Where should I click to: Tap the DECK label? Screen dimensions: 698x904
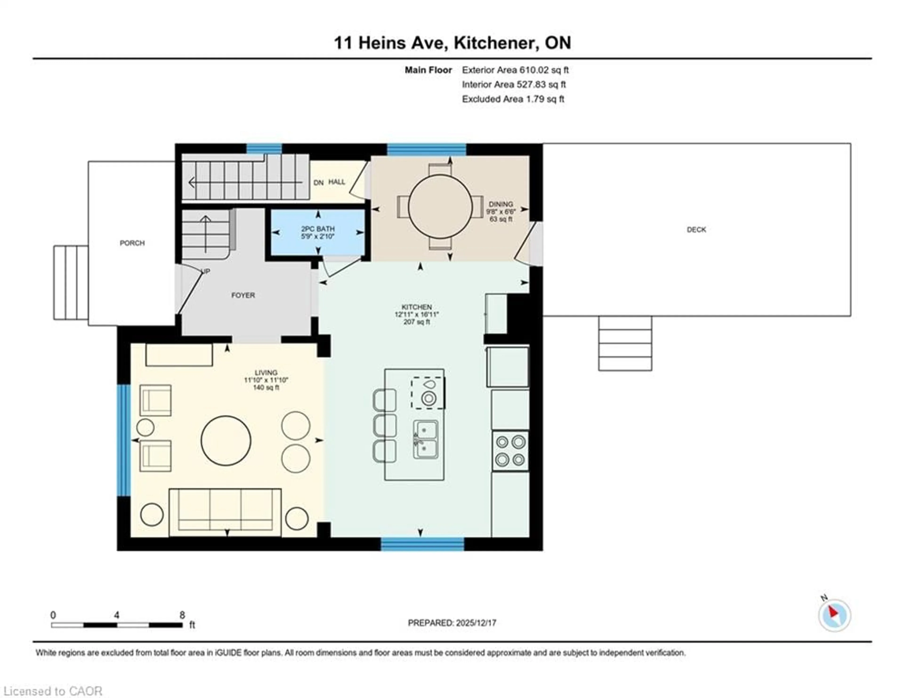[x=696, y=230]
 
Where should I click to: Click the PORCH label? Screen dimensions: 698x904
[x=132, y=243]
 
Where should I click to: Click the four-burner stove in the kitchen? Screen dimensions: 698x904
[x=510, y=451]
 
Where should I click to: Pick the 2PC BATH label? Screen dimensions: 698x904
[x=318, y=229]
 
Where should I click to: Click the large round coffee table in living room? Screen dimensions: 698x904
[x=226, y=441]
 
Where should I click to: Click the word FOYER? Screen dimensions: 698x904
[x=243, y=295]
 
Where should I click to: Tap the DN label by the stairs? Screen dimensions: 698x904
[x=318, y=183]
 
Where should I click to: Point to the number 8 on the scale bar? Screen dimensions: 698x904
[x=182, y=615]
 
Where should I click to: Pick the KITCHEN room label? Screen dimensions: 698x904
[x=416, y=307]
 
